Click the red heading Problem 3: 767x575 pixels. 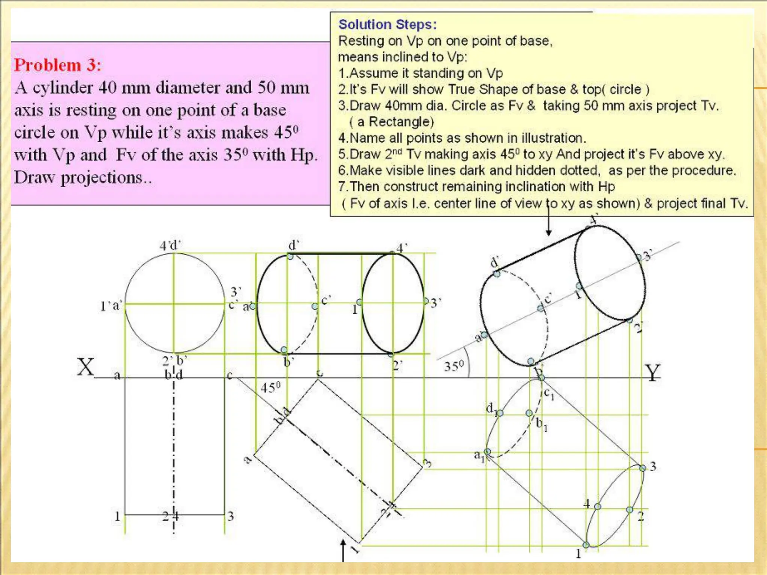coord(57,65)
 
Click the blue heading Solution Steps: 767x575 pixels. coord(387,25)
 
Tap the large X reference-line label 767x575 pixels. coord(86,367)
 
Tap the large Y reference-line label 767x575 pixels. coord(652,373)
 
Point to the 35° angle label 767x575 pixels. coord(454,366)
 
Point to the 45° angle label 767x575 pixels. coord(270,388)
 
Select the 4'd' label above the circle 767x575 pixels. coord(170,246)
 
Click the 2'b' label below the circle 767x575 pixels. coord(175,361)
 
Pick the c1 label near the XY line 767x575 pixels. coord(549,394)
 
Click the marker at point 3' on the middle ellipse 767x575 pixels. coord(426,301)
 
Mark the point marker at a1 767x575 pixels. coord(488,451)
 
